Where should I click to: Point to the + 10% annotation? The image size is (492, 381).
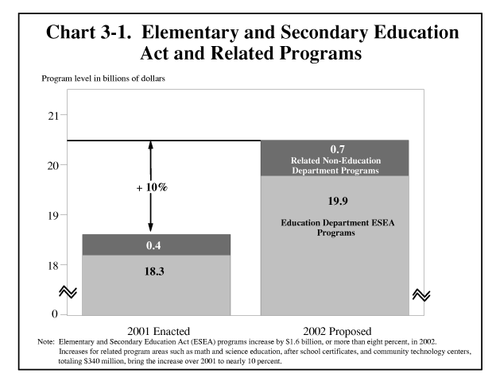coord(151,188)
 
